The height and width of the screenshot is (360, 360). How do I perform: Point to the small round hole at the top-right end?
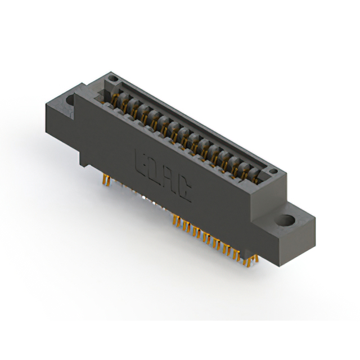click(272, 170)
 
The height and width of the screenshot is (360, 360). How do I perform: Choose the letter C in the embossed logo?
click(185, 191)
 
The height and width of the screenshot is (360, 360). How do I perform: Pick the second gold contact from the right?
click(246, 171)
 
